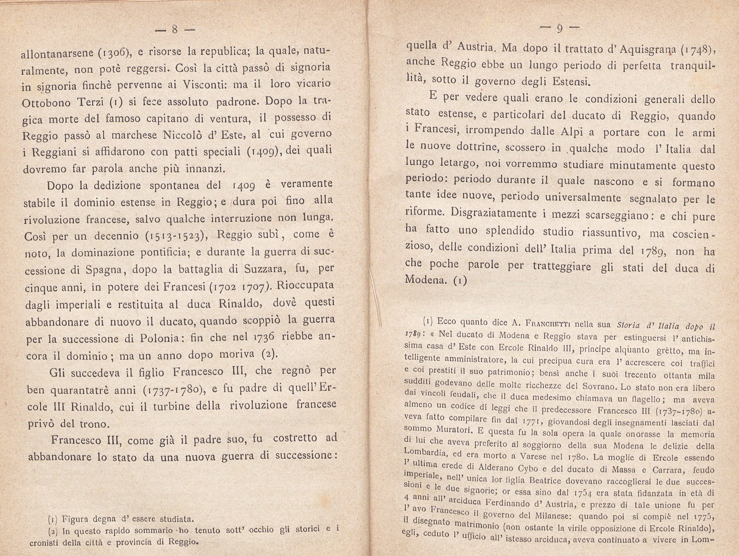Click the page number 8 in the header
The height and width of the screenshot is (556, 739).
point(175,30)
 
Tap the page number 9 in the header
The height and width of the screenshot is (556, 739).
point(559,29)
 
